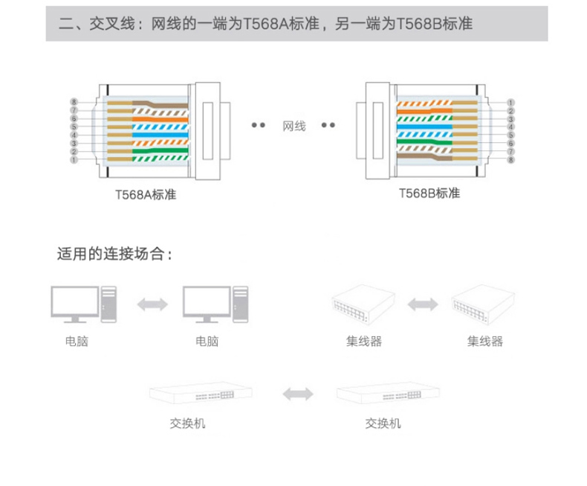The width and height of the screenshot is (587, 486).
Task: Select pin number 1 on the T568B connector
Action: click(511, 102)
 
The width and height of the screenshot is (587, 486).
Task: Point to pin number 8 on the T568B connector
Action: click(511, 159)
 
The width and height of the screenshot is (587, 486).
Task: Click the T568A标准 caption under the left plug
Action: click(146, 196)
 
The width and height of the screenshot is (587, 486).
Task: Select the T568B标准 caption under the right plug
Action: click(429, 194)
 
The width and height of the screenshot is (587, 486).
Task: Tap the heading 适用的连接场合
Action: click(115, 255)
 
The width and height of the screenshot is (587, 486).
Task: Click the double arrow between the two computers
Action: click(152, 304)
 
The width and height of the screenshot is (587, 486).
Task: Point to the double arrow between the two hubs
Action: click(422, 304)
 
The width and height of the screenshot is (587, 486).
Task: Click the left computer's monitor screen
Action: click(74, 301)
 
